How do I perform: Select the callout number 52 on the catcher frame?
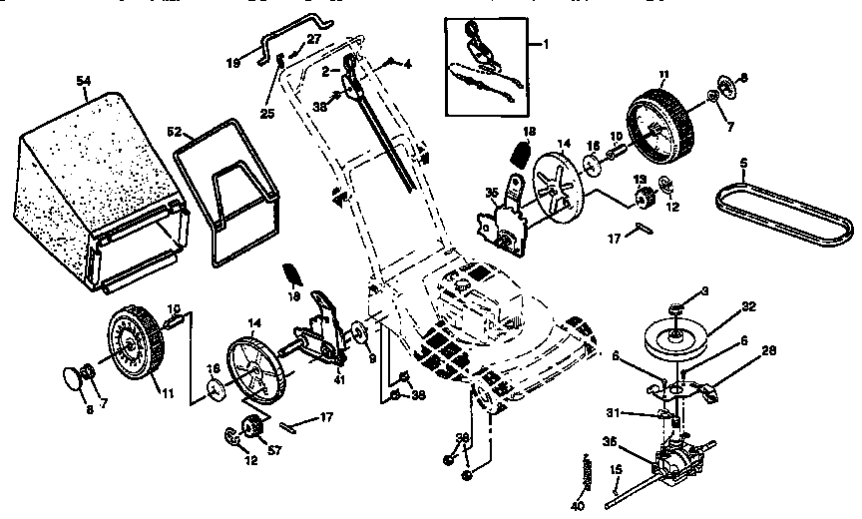coord(174,131)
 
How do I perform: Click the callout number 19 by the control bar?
coord(232,62)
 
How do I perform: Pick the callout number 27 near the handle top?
coord(313,37)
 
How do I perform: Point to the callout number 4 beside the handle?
coord(407,64)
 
